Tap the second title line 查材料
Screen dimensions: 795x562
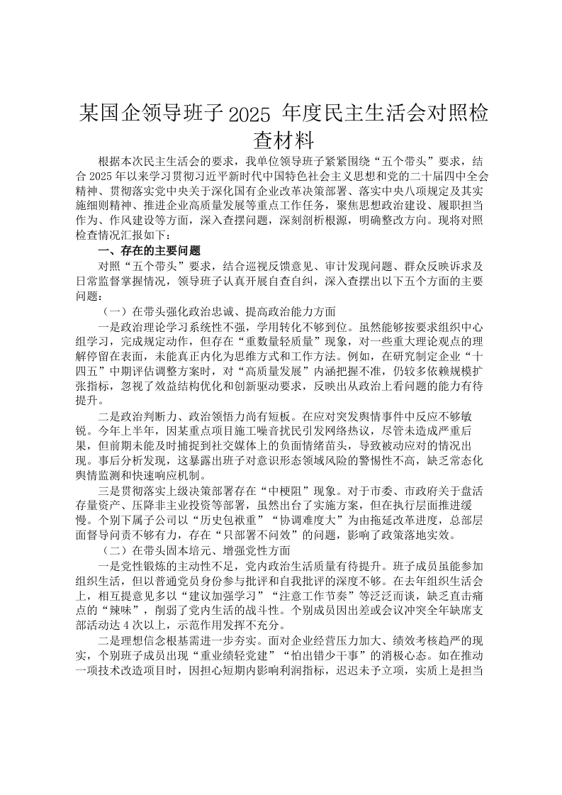click(x=281, y=139)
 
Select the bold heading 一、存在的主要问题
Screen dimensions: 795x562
click(x=148, y=250)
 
